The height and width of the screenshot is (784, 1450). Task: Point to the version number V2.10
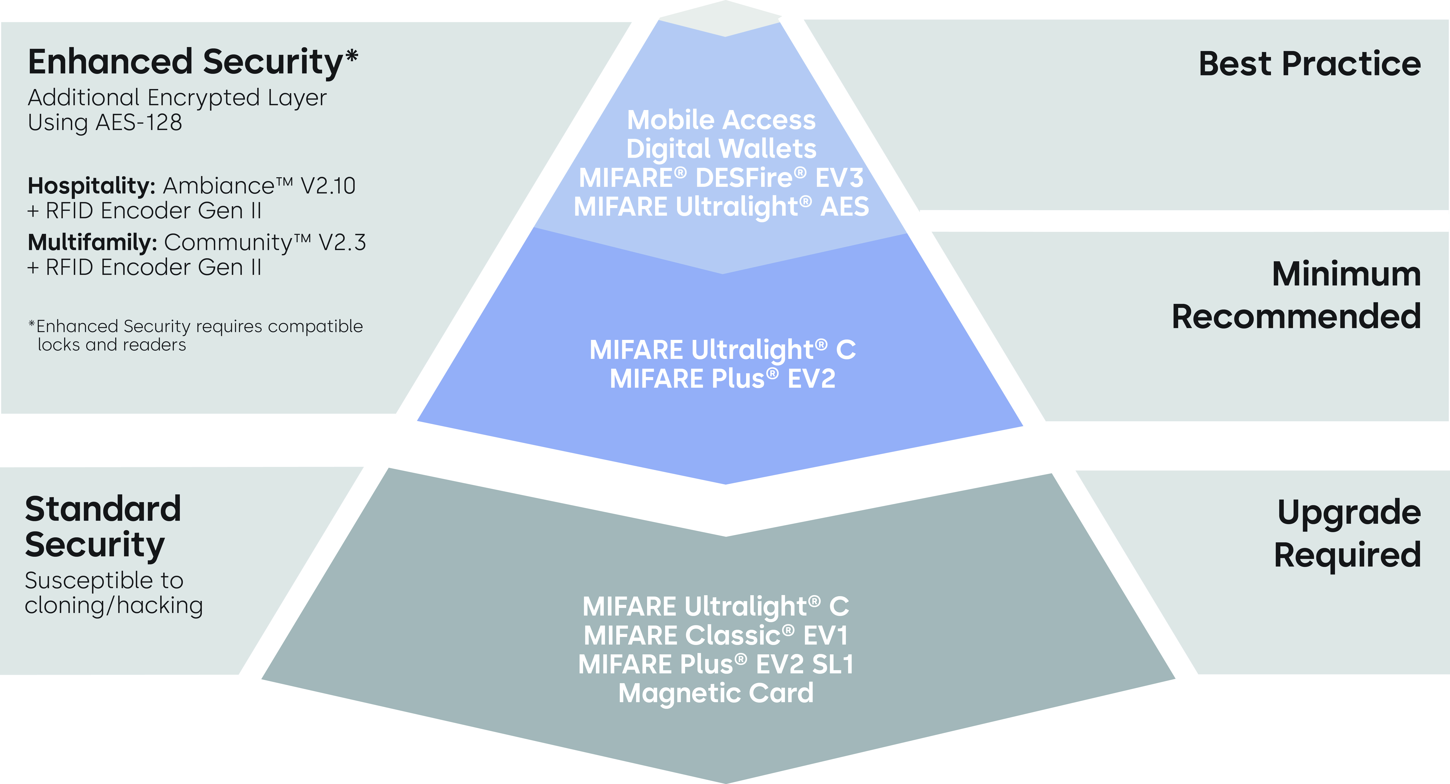(x=328, y=186)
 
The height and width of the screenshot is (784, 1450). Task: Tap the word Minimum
(x=1346, y=274)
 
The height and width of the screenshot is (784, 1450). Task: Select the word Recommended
(x=1296, y=316)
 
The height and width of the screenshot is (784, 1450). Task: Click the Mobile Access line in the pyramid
(x=721, y=120)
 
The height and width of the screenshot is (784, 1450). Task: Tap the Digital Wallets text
(x=721, y=149)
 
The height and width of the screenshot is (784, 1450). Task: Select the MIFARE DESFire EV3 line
(x=721, y=178)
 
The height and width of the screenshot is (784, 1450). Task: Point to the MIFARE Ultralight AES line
(x=721, y=207)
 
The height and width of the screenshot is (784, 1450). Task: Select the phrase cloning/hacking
(x=114, y=606)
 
